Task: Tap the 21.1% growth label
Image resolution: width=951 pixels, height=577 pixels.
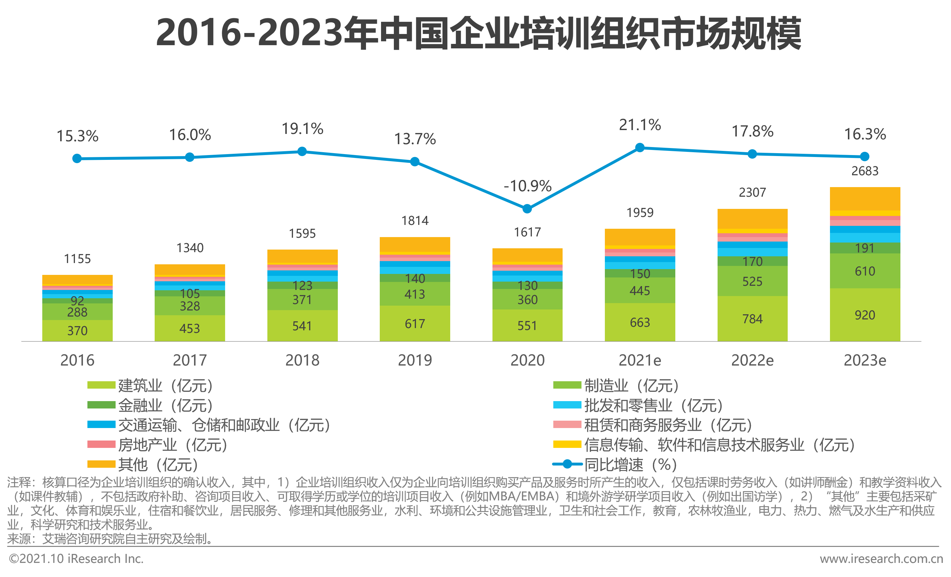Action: point(640,125)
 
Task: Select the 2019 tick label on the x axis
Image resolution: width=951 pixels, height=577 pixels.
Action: point(415,360)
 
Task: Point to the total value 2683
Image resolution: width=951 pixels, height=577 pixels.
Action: point(865,171)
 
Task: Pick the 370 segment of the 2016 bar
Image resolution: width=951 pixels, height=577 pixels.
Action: point(77,331)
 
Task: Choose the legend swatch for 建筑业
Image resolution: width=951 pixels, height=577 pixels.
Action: point(101,385)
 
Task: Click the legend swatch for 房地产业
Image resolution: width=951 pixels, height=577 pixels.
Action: point(101,444)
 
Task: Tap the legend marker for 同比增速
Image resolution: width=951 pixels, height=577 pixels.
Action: point(567,464)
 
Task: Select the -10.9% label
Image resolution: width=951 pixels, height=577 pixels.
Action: point(527,186)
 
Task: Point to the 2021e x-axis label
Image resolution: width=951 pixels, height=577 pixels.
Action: point(640,360)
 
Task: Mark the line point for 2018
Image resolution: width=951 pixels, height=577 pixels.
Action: point(302,152)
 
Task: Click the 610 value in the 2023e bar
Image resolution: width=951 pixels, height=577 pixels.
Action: point(865,271)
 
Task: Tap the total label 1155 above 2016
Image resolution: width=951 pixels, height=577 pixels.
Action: point(77,259)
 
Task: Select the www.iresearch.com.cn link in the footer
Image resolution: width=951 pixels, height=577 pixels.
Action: point(881,559)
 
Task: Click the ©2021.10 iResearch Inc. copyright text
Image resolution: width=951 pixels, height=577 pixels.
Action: point(76,559)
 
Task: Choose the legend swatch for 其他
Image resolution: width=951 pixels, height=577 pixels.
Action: point(101,464)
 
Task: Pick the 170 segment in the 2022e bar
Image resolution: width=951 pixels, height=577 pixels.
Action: point(752,261)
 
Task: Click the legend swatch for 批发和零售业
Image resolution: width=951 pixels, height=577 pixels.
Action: point(567,405)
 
